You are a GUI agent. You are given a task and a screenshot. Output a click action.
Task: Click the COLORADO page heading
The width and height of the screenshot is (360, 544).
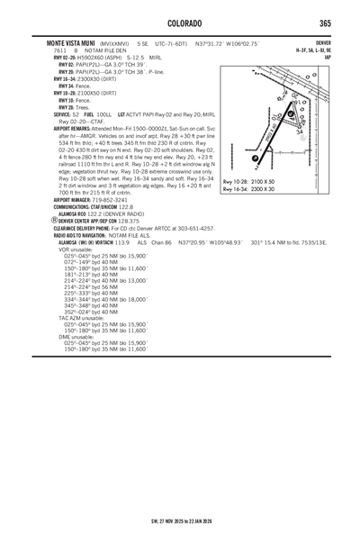(x=180, y=22)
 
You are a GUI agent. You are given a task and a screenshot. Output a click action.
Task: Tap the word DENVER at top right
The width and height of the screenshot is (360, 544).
(x=323, y=42)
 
